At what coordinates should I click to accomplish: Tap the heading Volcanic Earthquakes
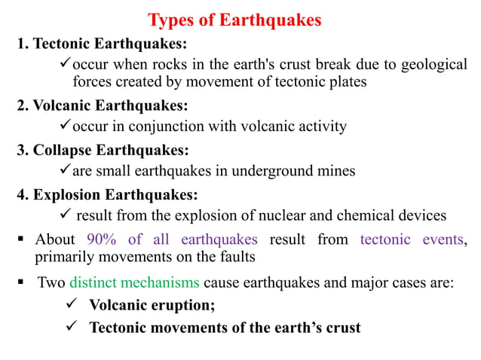click(x=103, y=104)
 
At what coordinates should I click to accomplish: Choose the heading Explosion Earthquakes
click(x=108, y=195)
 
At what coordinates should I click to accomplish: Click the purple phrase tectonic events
click(x=411, y=240)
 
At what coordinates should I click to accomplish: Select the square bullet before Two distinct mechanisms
click(x=22, y=284)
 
